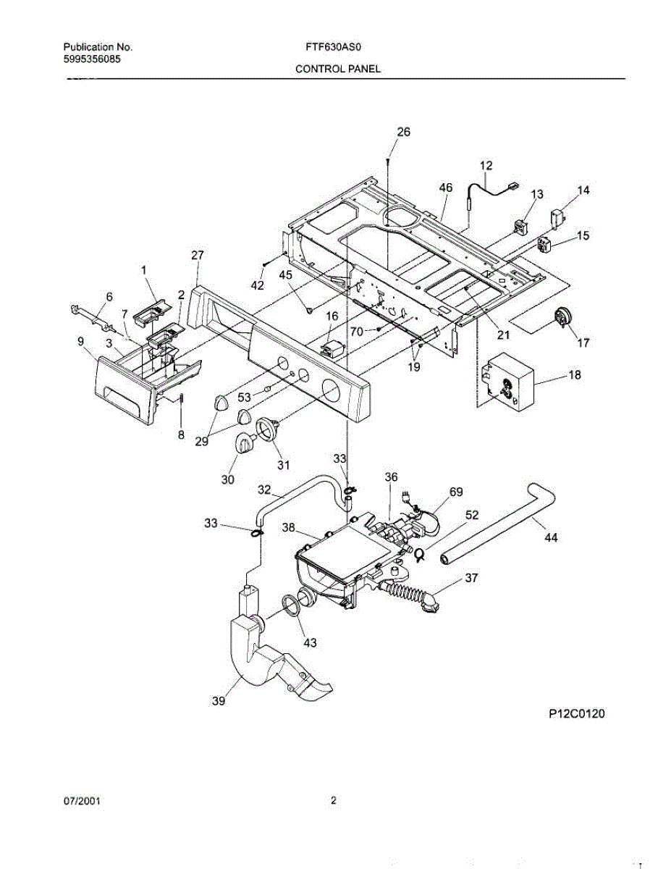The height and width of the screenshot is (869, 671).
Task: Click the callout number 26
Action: click(403, 132)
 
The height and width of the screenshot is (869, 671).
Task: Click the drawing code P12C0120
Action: click(575, 714)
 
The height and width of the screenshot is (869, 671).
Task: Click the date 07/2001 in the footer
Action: click(81, 802)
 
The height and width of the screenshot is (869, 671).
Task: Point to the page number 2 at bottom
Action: click(333, 801)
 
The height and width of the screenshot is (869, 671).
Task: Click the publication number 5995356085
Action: click(91, 59)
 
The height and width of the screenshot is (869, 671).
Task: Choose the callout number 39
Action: click(219, 700)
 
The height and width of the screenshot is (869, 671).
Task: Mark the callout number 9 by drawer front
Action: click(80, 340)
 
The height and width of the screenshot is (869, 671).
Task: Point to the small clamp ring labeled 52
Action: click(419, 555)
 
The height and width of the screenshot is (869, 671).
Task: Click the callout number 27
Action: click(198, 255)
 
